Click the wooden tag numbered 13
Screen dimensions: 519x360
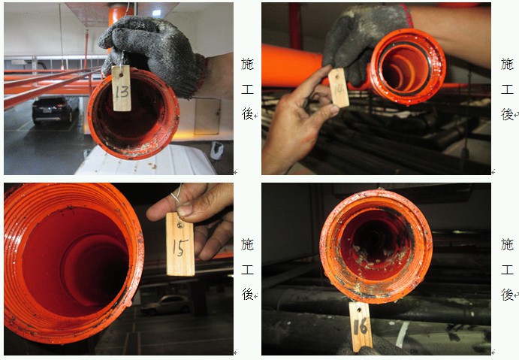pos(121,88)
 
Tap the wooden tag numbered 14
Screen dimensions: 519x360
pos(339,88)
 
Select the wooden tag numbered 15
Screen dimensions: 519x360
pos(180,244)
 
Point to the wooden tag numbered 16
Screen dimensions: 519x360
pos(360,326)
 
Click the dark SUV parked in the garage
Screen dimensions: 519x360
pos(56,110)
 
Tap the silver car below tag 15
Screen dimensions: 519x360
pos(164,305)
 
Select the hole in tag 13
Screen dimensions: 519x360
pos(121,75)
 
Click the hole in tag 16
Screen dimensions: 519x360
pos(360,310)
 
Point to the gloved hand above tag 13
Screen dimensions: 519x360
pos(151,53)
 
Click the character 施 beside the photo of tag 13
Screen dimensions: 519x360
pos(247,64)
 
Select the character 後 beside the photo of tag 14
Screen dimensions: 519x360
pos(507,114)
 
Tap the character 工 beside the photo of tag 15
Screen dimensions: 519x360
pos(247,270)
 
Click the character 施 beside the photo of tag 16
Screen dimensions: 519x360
pos(507,245)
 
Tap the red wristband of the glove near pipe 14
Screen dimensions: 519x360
pos(409,15)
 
